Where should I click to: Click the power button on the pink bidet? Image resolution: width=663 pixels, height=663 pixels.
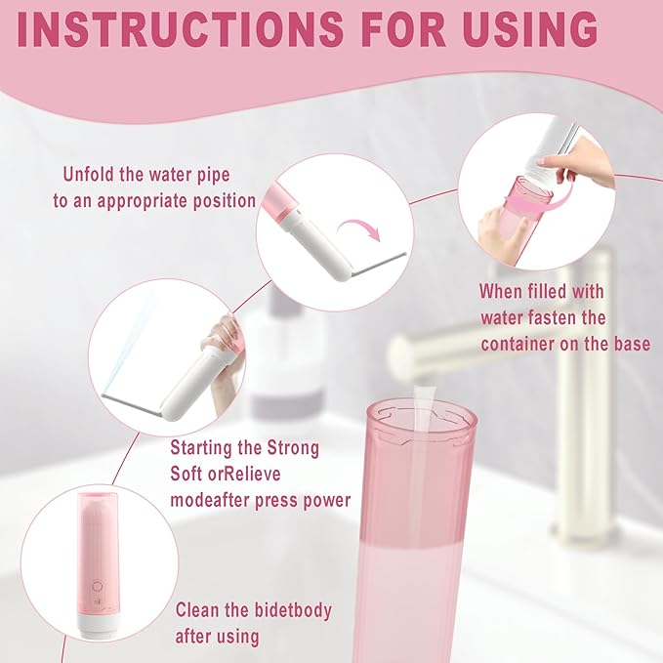click(99, 588)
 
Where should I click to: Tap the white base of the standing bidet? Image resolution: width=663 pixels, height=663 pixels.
click(99, 625)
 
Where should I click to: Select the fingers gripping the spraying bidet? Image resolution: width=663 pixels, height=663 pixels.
click(224, 337)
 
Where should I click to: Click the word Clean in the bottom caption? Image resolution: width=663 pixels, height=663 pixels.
click(200, 611)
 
